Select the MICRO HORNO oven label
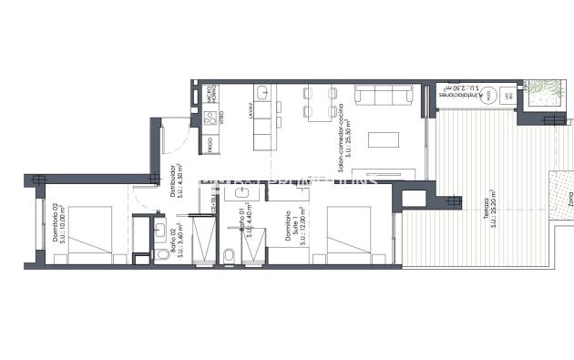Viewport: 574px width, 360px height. click(208, 93)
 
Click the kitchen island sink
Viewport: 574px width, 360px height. click(262, 92)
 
